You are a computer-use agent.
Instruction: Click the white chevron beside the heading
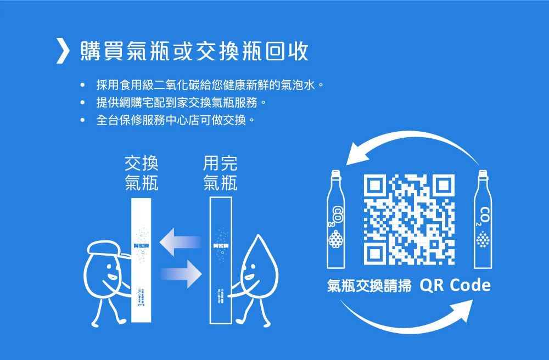click(64, 50)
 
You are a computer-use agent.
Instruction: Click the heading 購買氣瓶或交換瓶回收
click(194, 51)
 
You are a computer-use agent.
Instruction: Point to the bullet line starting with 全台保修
click(175, 119)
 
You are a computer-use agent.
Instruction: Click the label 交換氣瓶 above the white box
click(142, 172)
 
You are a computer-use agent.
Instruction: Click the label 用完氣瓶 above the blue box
click(220, 172)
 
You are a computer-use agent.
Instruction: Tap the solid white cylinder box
click(142, 261)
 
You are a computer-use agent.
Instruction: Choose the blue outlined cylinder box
click(221, 261)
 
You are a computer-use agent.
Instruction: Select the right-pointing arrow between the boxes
click(181, 273)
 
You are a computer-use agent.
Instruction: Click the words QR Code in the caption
click(455, 286)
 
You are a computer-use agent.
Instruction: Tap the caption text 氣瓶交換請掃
click(369, 286)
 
